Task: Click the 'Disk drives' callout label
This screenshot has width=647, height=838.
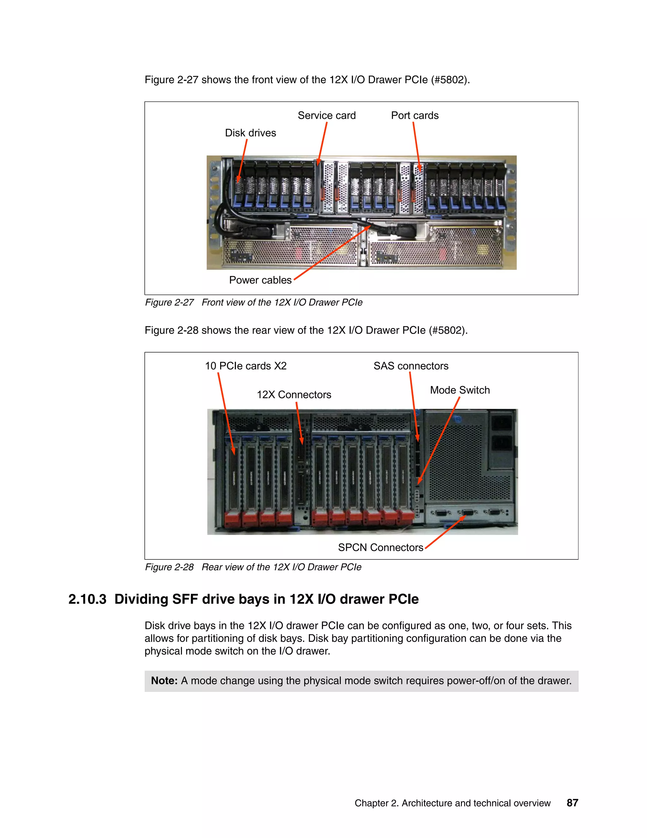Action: pyautogui.click(x=250, y=133)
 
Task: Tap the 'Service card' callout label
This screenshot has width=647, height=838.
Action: pyautogui.click(x=327, y=115)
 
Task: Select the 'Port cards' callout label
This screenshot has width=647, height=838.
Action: pyautogui.click(x=414, y=115)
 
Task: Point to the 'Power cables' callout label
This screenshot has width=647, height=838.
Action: pyautogui.click(x=260, y=280)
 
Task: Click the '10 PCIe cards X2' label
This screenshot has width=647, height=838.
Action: pyautogui.click(x=246, y=366)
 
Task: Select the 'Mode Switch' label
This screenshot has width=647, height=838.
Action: pyautogui.click(x=460, y=390)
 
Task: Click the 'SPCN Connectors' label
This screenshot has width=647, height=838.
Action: pyautogui.click(x=380, y=547)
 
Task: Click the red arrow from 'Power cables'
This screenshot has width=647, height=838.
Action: pyautogui.click(x=332, y=253)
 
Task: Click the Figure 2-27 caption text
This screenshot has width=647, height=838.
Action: pyautogui.click(x=253, y=302)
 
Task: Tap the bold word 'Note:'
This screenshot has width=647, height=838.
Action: pyautogui.click(x=164, y=681)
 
